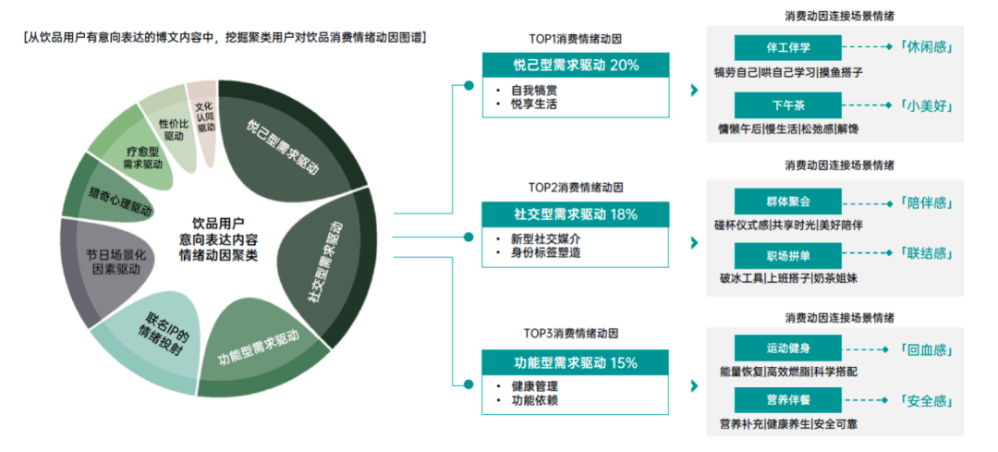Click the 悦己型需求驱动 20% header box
(x=576, y=65)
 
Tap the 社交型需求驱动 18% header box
(x=576, y=214)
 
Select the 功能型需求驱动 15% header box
(x=576, y=362)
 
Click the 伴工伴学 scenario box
(x=788, y=48)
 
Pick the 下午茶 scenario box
(x=788, y=105)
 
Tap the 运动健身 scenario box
(x=788, y=348)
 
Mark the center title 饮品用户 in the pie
(x=219, y=224)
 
